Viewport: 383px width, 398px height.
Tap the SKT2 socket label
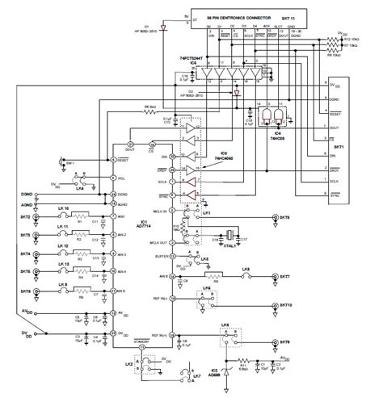(25, 219)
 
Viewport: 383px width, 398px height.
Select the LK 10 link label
(62, 210)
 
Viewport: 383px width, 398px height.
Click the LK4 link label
(57, 188)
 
